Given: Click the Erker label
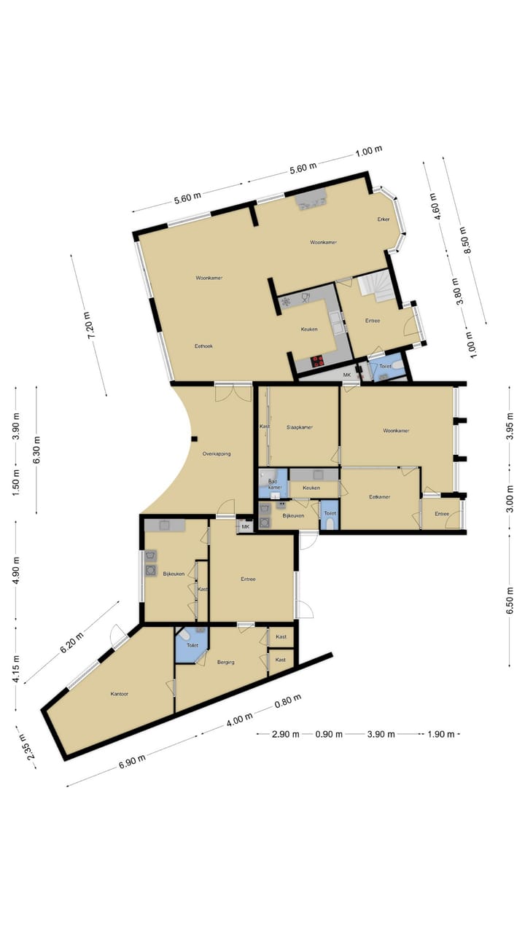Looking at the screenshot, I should (383, 219).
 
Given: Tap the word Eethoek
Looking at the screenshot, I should (203, 346).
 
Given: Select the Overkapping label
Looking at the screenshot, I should (217, 454).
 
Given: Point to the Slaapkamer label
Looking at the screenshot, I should (299, 427).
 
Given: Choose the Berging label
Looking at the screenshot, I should (225, 662).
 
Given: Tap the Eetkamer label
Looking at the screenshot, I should (379, 496).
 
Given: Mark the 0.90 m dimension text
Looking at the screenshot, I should (329, 734).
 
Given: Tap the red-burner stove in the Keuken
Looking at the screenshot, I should (318, 359).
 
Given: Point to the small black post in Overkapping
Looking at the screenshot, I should (194, 438).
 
